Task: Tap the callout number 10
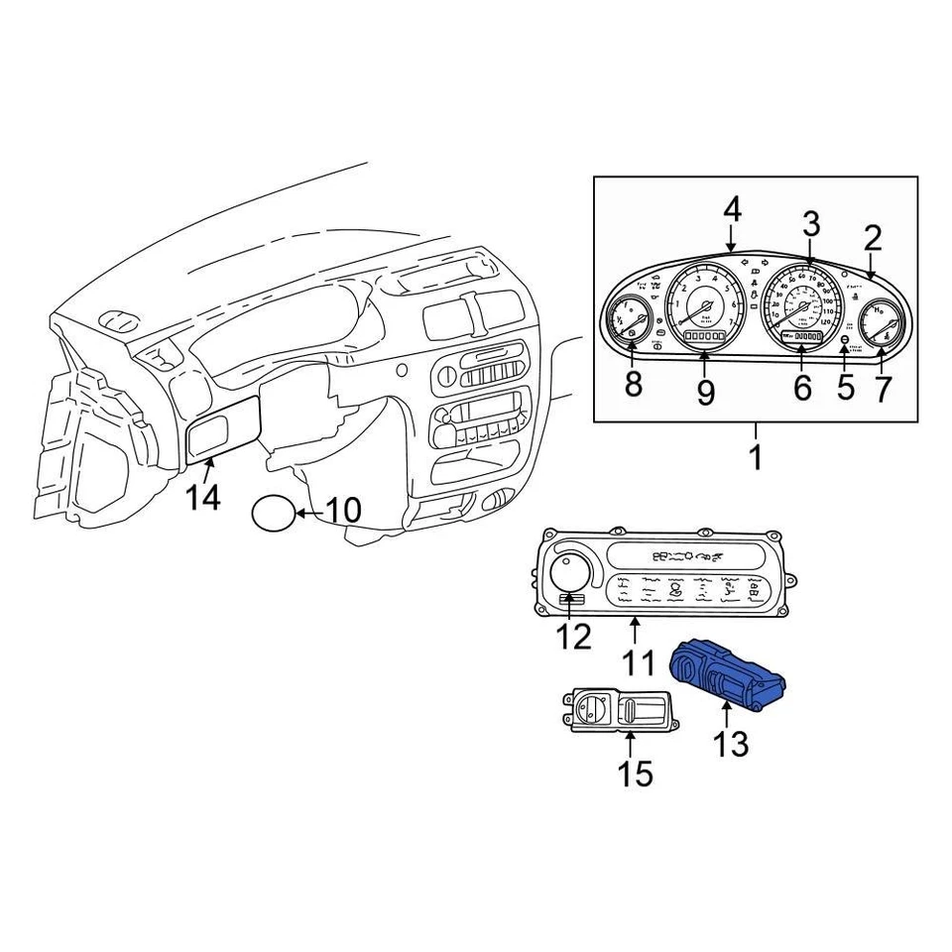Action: click(x=343, y=512)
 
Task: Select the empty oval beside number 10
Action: click(x=274, y=513)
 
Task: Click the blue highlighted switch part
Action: click(x=728, y=673)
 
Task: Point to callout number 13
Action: click(x=731, y=743)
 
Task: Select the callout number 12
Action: click(x=574, y=636)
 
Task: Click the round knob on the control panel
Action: click(x=572, y=572)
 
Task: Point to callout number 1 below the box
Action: click(x=755, y=458)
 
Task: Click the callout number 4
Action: click(x=731, y=210)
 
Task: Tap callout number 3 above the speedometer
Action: click(x=811, y=224)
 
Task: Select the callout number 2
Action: click(x=872, y=238)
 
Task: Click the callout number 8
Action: click(x=633, y=383)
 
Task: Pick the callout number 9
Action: click(x=704, y=391)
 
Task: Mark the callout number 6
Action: click(x=801, y=388)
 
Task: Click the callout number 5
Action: click(x=845, y=386)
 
